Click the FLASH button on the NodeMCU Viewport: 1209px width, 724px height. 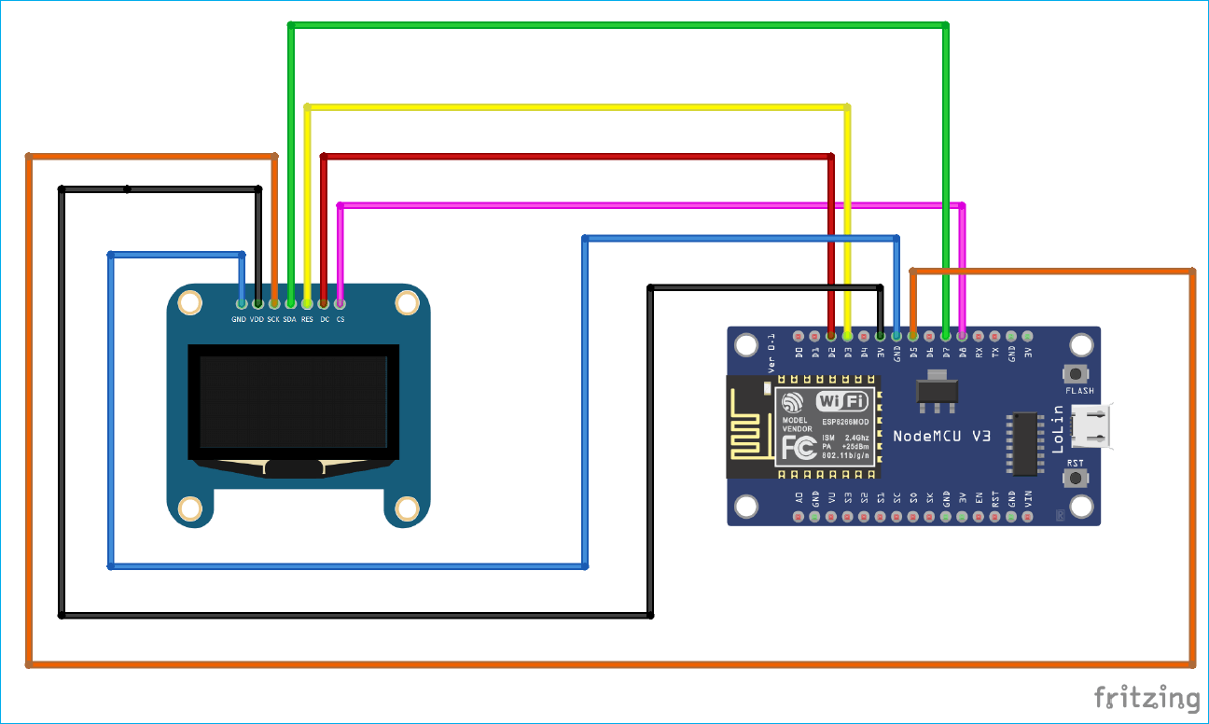coord(1077,373)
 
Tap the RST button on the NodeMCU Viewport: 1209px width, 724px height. coord(1077,479)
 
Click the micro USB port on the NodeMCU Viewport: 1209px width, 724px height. coord(1092,426)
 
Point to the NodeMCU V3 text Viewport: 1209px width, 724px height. coord(941,436)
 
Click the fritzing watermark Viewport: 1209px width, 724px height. coord(1146,697)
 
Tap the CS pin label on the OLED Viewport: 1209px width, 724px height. coord(340,319)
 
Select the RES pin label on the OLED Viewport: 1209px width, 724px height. coord(307,319)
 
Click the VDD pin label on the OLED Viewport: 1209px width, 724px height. coord(257,319)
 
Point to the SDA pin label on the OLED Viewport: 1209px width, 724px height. coord(290,319)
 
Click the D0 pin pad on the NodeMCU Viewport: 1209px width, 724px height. coord(799,335)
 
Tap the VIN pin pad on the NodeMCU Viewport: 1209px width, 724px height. coord(1027,516)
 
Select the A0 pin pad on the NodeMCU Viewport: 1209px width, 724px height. coord(799,516)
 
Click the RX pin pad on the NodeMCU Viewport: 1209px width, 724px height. coord(978,335)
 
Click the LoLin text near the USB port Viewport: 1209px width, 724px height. coord(1057,428)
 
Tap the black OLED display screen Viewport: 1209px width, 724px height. coord(294,401)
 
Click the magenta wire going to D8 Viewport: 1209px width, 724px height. coord(653,204)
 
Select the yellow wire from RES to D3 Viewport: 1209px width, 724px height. coord(578,108)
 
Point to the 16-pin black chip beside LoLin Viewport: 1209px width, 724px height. coord(1024,444)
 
